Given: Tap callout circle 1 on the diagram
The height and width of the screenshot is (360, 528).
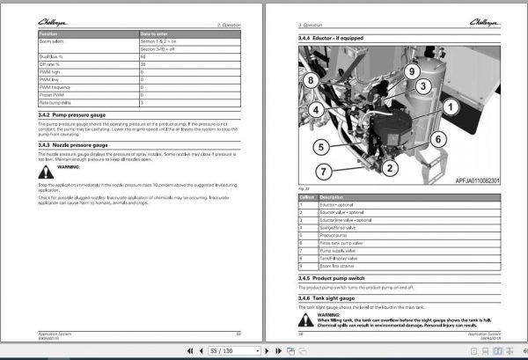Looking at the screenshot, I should (x=449, y=107).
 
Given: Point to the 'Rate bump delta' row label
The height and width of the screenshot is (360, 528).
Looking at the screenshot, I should (x=55, y=105).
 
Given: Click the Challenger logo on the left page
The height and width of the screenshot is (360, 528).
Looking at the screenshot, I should (x=54, y=9).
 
